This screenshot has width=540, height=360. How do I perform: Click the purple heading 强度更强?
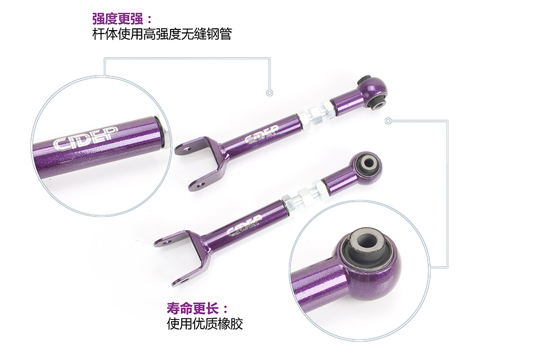tap(118, 19)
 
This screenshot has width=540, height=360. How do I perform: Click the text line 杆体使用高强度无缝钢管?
tap(162, 34)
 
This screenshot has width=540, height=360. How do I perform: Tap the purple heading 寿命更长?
tap(192, 308)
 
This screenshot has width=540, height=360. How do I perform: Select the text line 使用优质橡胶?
tap(205, 324)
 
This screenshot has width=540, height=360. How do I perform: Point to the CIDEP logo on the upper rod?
tap(261, 134)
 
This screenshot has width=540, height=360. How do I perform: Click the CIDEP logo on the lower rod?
tap(245, 226)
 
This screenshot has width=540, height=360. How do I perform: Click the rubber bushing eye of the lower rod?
tap(369, 165)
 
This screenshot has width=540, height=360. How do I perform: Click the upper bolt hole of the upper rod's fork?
tap(188, 149)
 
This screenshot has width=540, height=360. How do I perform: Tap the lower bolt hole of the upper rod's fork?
tap(201, 185)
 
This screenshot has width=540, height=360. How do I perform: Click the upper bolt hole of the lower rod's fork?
tap(168, 243)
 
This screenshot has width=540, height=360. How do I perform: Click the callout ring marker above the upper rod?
tap(269, 93)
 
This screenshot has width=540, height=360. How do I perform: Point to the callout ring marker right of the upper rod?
tap(388, 121)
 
